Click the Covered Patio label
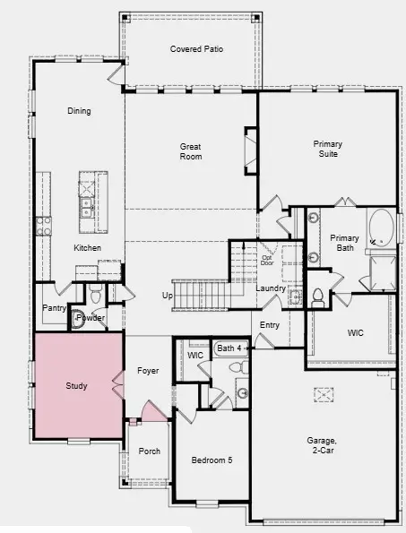point(196,48)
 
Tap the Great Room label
point(191,151)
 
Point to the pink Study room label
point(76,386)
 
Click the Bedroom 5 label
point(212,460)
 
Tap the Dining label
point(79,111)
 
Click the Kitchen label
point(87,247)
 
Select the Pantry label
point(54,308)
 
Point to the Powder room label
point(91,318)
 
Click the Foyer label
point(148,370)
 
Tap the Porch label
point(149,451)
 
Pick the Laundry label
point(270,288)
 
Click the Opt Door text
point(266,261)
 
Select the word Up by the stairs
point(167,296)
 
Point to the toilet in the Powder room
point(96,295)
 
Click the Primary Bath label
point(344,243)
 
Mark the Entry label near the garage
point(270,325)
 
